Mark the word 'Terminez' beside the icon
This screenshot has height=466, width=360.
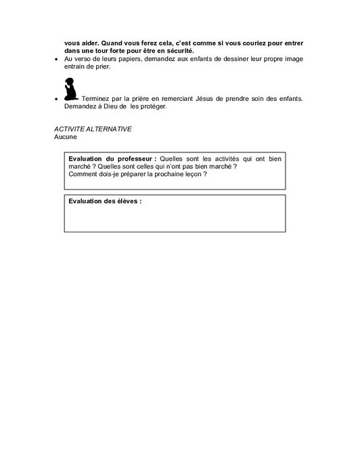click(x=97, y=99)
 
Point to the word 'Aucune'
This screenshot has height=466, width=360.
click(x=66, y=136)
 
